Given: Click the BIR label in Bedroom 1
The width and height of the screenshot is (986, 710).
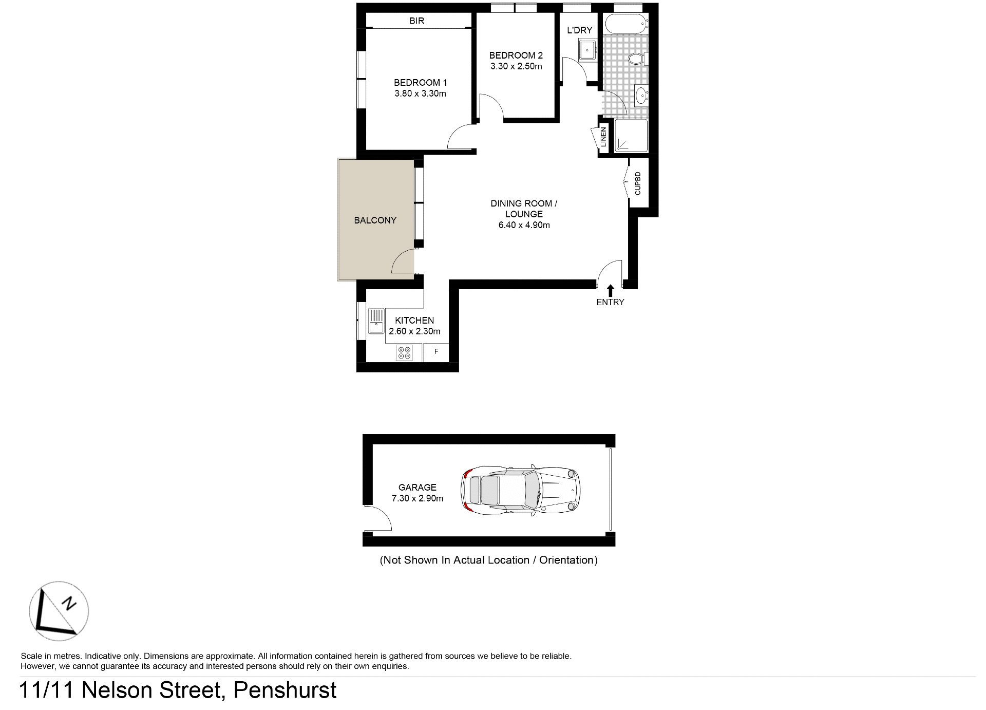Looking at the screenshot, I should (416, 21).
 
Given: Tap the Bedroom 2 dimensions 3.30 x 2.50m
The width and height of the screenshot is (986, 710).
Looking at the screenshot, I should (516, 66).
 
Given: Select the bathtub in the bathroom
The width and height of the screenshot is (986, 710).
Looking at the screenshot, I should (625, 24).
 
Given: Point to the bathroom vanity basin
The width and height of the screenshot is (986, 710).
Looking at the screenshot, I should (640, 95).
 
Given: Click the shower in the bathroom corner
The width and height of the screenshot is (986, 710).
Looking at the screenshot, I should (631, 136).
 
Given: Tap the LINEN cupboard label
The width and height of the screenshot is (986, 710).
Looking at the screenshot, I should (603, 137).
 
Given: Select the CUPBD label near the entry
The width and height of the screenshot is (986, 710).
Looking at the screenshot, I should (638, 183).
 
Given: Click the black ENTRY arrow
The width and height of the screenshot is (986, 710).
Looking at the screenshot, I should (610, 290).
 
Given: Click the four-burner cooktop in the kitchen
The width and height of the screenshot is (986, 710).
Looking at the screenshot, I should (404, 353).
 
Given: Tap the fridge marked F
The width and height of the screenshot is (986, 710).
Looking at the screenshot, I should (436, 352).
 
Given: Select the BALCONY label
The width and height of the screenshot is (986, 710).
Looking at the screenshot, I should (375, 220).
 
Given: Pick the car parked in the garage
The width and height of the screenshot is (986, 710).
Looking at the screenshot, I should (521, 491).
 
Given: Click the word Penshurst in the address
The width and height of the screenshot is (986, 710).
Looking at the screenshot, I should (285, 690).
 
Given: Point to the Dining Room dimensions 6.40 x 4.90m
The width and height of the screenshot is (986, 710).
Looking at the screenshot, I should (524, 225).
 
